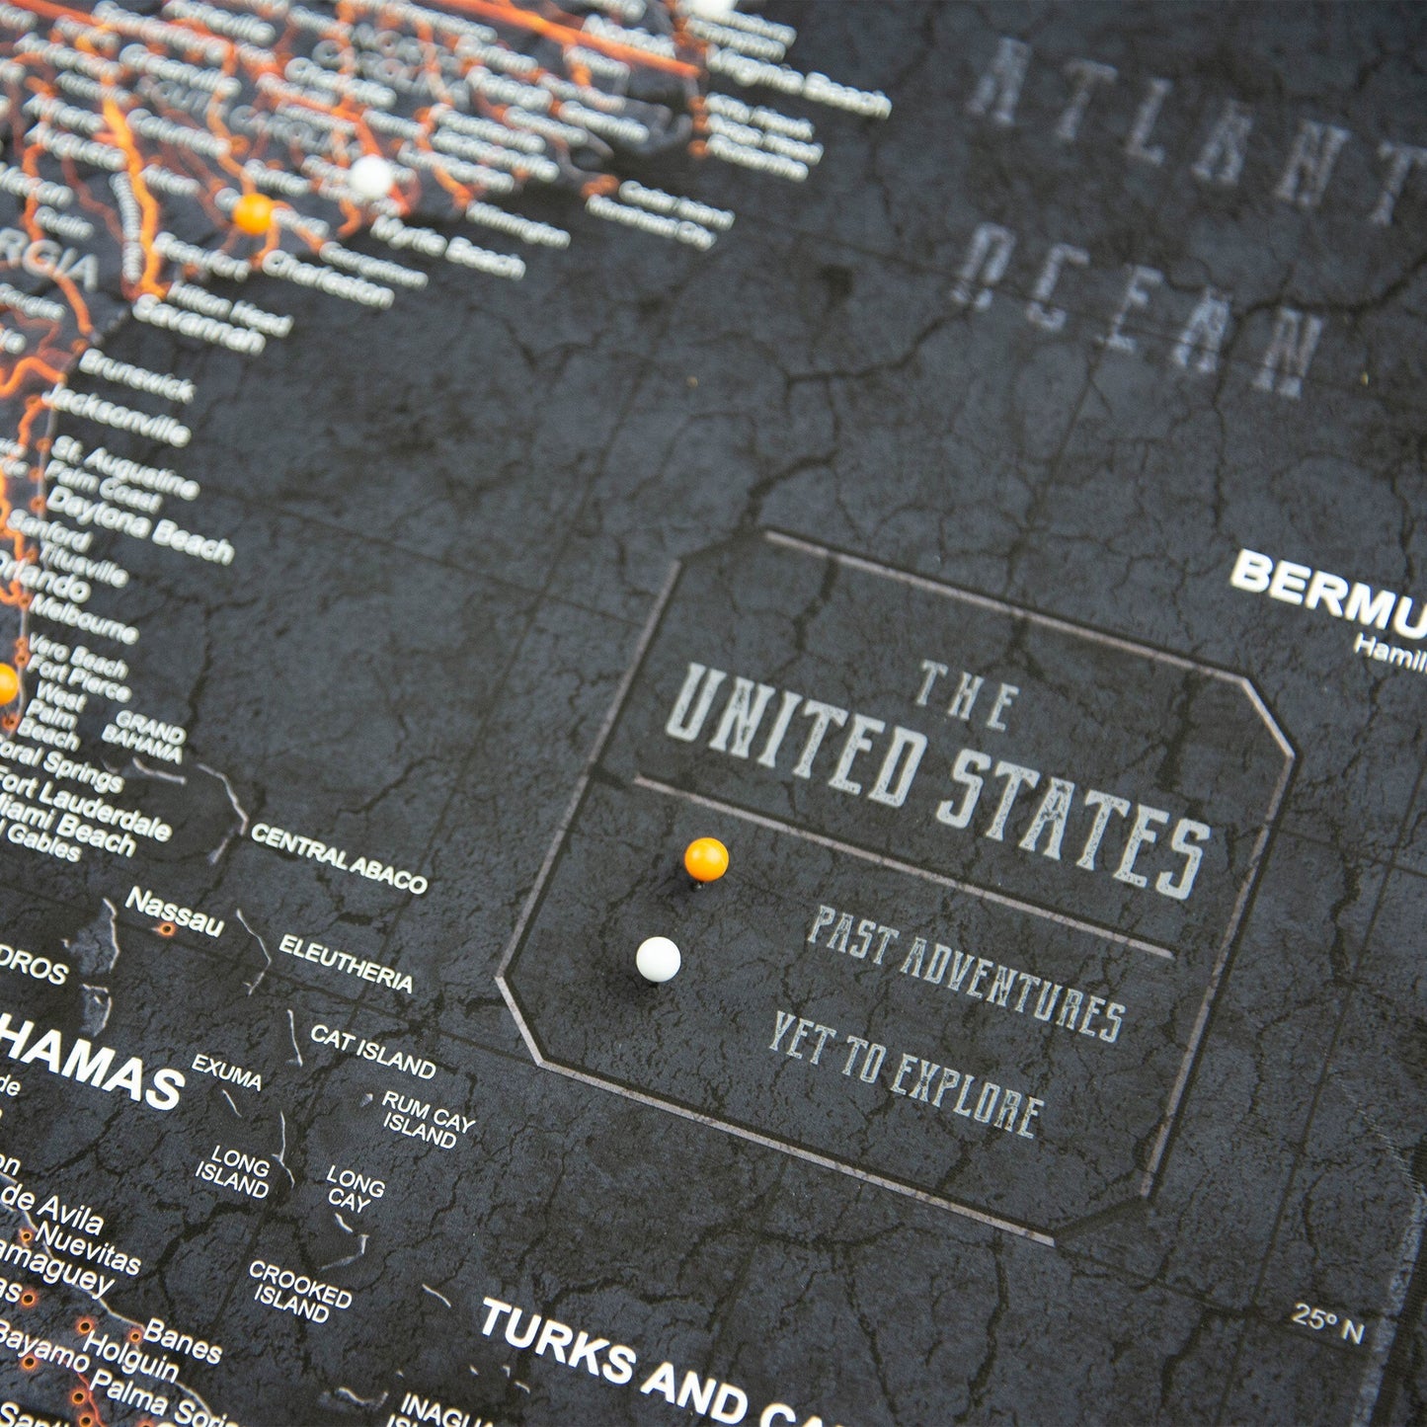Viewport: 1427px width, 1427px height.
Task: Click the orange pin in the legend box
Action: [706, 858]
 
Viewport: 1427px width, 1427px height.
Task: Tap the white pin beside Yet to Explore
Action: [658, 959]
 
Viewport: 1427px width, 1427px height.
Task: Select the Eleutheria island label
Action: [346, 963]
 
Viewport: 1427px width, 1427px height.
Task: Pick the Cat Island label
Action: [372, 1051]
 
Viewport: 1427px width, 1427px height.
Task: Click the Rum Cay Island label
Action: [427, 1118]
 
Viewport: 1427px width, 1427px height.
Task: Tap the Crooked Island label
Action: [298, 1290]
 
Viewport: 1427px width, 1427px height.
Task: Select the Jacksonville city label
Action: [116, 414]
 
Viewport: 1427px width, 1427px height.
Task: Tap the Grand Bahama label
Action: [144, 742]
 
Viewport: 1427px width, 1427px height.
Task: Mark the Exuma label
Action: [226, 1071]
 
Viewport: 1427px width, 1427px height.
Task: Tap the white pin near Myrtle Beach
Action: [371, 177]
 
